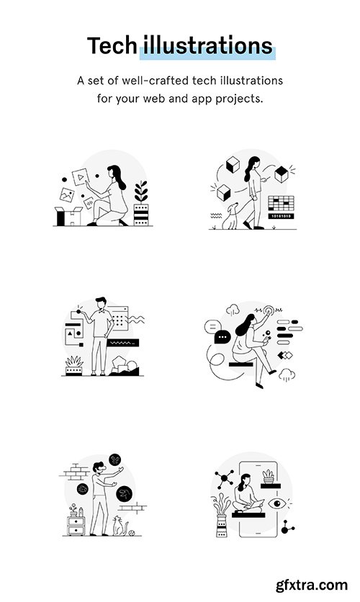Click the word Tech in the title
(112, 46)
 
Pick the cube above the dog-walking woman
(232, 166)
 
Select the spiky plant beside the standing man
(75, 363)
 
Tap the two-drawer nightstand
(75, 529)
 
